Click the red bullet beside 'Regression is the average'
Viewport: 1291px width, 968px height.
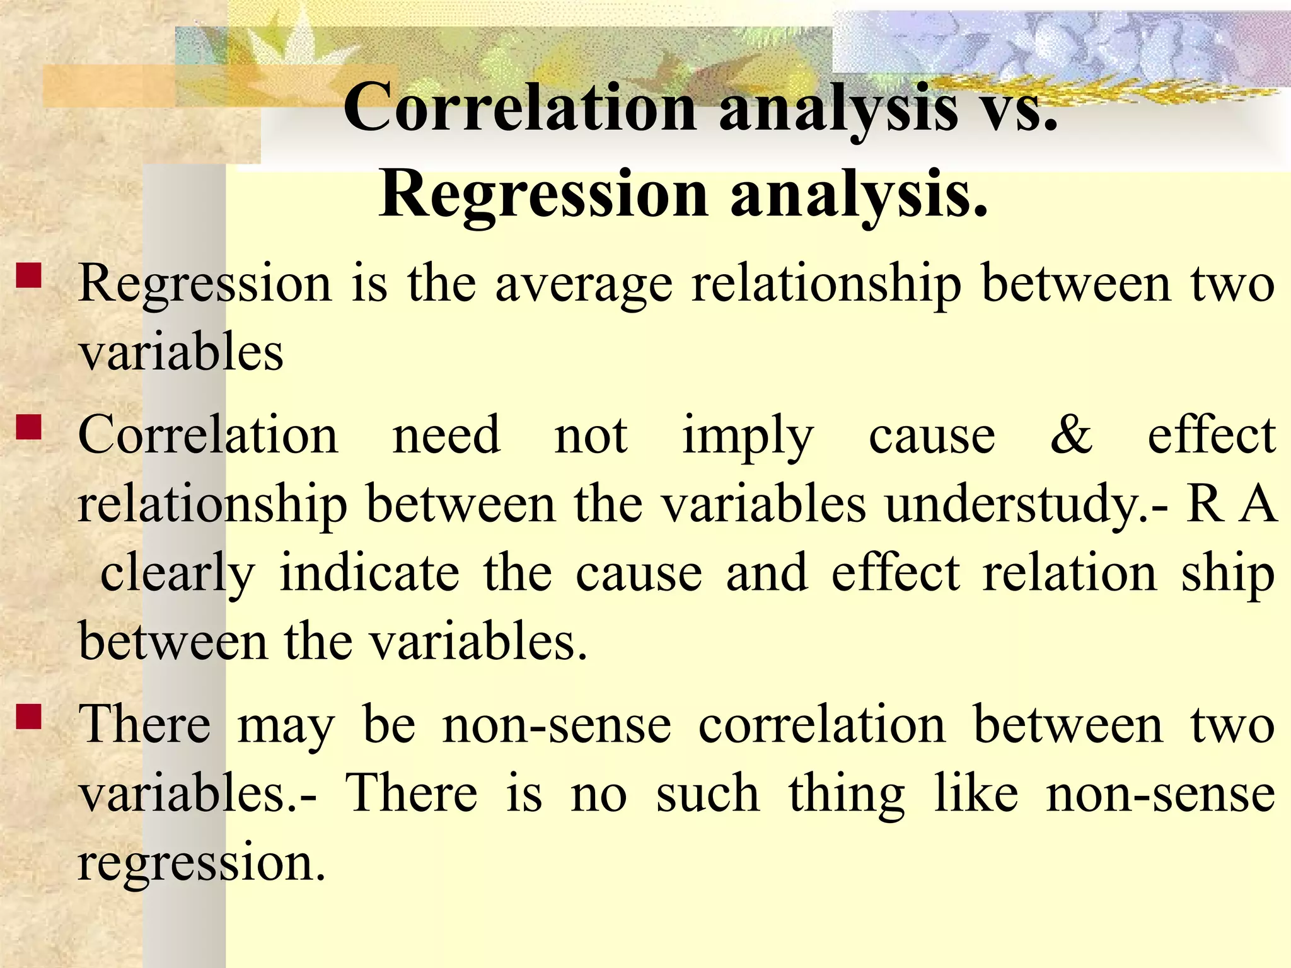(30, 275)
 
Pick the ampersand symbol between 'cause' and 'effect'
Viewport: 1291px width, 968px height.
(1071, 435)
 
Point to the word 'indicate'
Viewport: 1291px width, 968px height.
(369, 573)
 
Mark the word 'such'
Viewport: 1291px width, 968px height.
(707, 793)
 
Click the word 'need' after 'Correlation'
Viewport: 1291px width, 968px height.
(446, 435)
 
